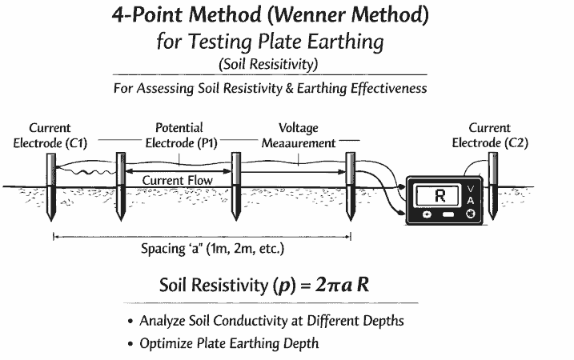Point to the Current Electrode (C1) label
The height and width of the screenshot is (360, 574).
pos(50,135)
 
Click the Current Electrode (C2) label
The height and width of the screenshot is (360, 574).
pos(489,135)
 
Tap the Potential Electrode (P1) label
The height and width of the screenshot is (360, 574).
pos(179,135)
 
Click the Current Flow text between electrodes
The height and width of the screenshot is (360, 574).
pos(178,181)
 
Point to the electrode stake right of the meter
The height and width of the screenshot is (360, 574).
pos(492,180)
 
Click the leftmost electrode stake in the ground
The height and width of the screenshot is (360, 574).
pos(51,188)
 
